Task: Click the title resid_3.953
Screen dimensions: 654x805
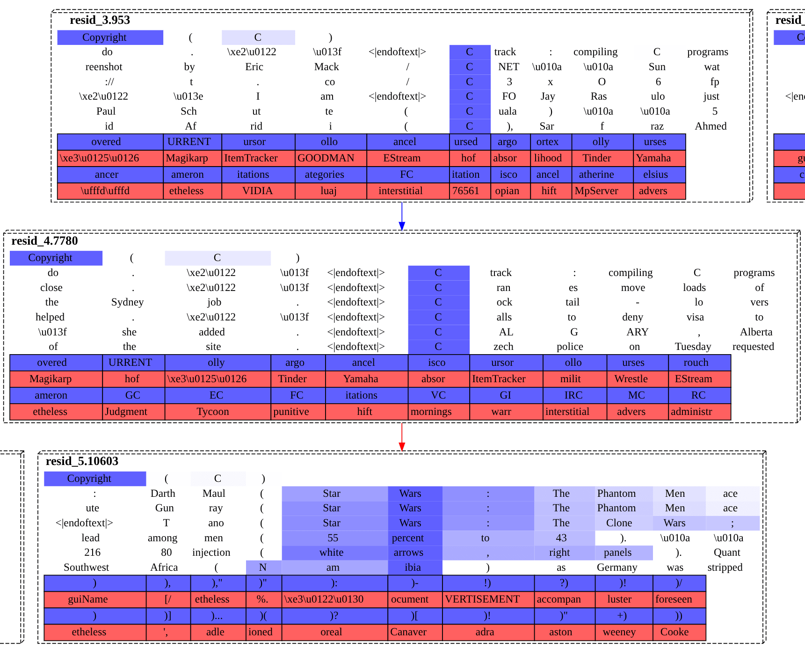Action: point(100,20)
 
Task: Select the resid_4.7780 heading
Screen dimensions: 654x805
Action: point(44,241)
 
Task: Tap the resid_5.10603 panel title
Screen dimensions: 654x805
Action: point(82,461)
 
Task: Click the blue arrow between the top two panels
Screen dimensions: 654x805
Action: point(402,216)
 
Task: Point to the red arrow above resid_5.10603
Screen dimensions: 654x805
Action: point(402,437)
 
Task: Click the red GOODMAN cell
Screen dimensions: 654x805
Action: point(326,158)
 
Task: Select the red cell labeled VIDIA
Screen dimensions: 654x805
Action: point(257,191)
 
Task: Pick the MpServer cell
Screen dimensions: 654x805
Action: point(596,191)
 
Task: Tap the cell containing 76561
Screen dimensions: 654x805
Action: point(465,191)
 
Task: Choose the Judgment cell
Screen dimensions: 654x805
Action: point(126,412)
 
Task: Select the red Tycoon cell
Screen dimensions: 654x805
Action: point(213,412)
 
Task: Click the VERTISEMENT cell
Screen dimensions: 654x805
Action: point(482,599)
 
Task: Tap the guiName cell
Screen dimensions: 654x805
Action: point(88,599)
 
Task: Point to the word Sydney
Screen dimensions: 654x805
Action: point(127,302)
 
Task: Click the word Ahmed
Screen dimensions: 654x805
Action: point(711,126)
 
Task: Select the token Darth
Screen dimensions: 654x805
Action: point(163,494)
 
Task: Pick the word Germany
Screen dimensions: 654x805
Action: point(617,567)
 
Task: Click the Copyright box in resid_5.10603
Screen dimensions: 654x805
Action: point(89,479)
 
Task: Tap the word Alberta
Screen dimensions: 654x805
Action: point(756,332)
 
